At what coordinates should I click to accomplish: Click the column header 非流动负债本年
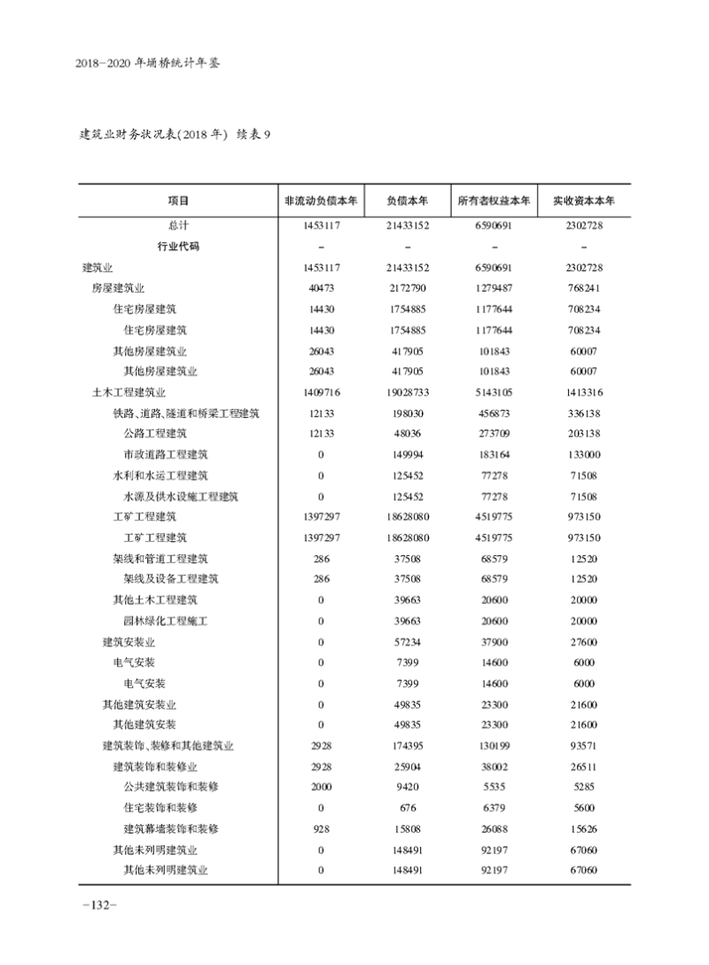(320, 200)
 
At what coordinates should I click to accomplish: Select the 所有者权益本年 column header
(494, 200)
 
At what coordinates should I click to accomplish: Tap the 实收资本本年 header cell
(584, 200)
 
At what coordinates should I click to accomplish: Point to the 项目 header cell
(178, 200)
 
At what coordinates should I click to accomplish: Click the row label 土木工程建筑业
(129, 392)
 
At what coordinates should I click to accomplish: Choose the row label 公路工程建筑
(155, 434)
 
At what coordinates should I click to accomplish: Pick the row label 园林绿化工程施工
(166, 621)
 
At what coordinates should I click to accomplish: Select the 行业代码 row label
(178, 247)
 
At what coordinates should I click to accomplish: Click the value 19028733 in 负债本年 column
(408, 392)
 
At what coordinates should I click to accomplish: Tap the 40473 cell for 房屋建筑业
(320, 288)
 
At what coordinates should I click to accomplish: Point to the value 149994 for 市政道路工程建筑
(408, 455)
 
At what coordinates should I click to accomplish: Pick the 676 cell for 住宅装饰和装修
(408, 807)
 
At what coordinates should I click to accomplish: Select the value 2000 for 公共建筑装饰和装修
(320, 787)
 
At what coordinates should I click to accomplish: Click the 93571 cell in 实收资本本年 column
(584, 745)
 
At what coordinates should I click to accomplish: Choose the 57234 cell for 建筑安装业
(408, 641)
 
